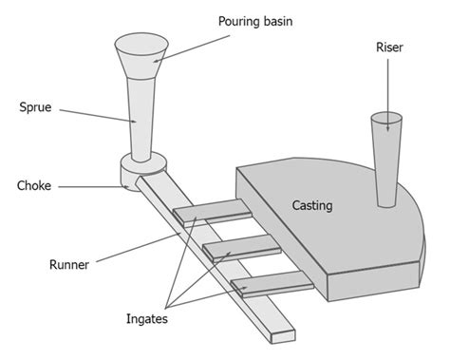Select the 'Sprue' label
(35, 107)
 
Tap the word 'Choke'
(35, 185)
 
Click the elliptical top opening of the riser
(384, 121)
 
